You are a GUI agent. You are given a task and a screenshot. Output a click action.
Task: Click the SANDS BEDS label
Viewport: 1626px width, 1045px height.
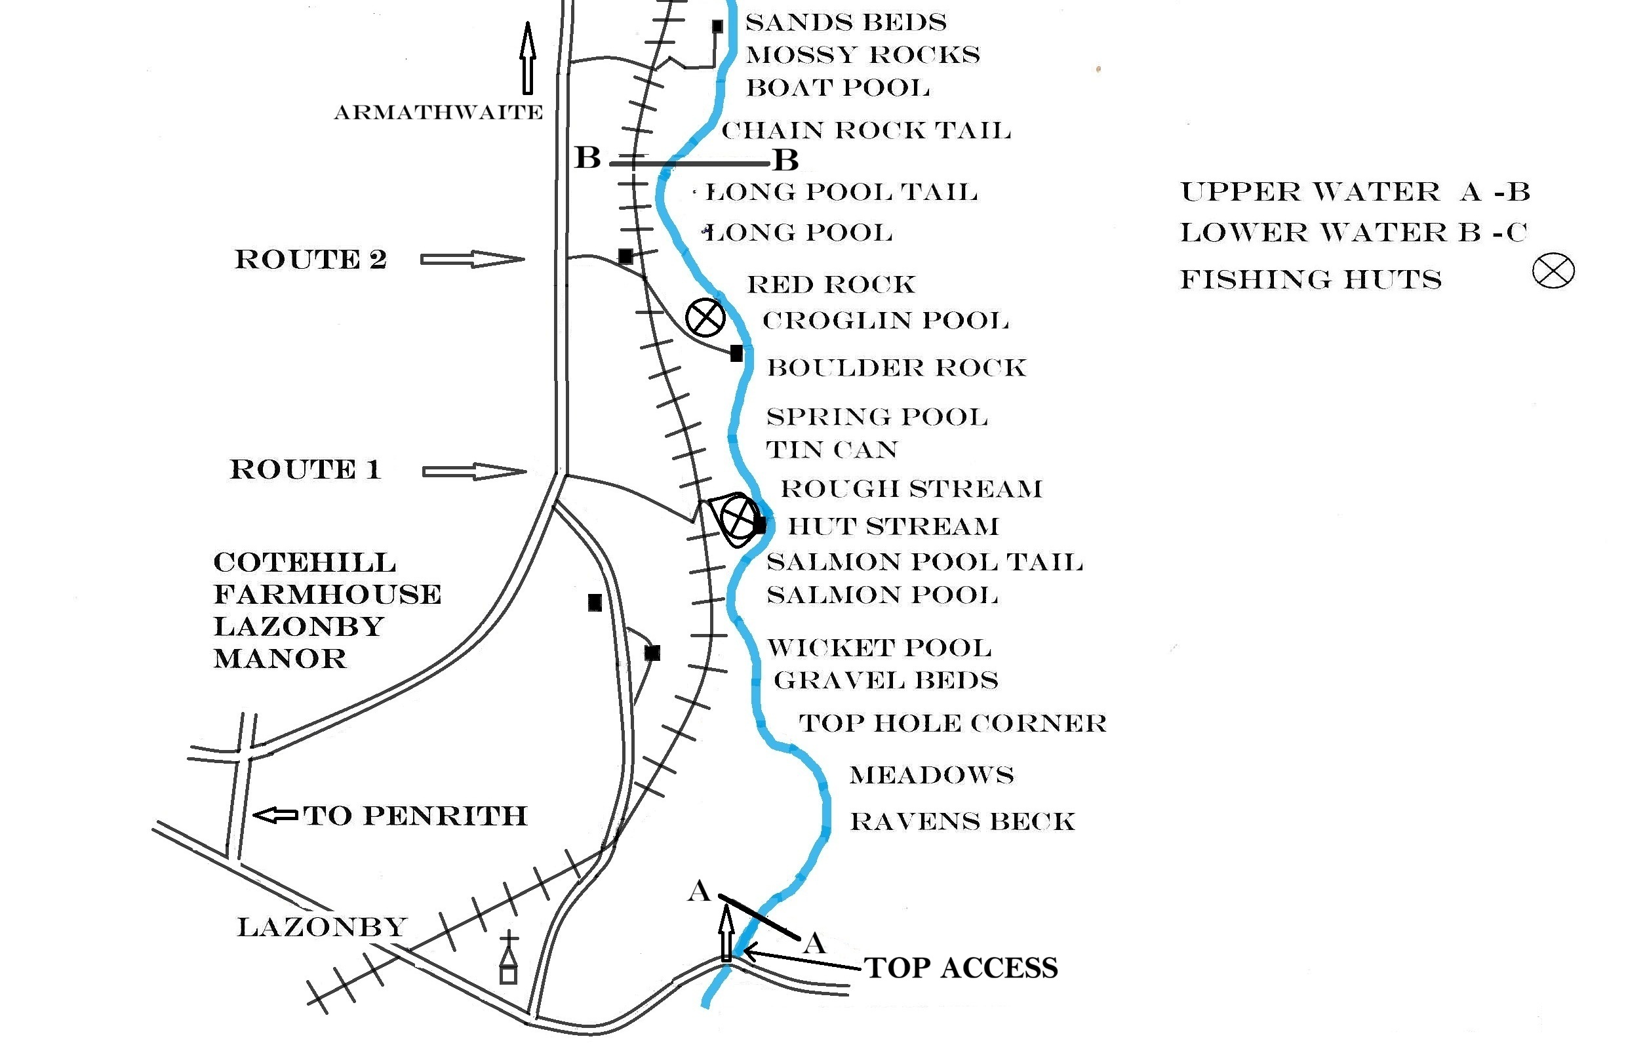pyautogui.click(x=846, y=22)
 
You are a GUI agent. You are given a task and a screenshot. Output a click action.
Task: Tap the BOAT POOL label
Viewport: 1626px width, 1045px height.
pyautogui.click(x=837, y=88)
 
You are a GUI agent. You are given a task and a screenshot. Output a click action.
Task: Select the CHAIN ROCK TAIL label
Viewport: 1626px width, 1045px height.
pyautogui.click(x=866, y=130)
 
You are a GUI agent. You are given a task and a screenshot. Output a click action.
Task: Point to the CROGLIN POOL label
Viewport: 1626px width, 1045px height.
pyautogui.click(x=886, y=321)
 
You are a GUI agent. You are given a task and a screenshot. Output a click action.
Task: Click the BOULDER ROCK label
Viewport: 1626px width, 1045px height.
pyautogui.click(x=896, y=368)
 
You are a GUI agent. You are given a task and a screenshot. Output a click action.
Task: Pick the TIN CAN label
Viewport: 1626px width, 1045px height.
pyautogui.click(x=832, y=450)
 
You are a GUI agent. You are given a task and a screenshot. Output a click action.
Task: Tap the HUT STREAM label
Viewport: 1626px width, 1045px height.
pyautogui.click(x=893, y=526)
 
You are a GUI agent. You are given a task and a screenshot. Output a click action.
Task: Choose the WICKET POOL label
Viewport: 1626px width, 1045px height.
pyautogui.click(x=879, y=648)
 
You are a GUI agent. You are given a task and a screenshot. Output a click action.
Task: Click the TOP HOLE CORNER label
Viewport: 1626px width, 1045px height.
pyautogui.click(x=953, y=723)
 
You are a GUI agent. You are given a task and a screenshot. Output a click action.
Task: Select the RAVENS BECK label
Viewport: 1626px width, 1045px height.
pyautogui.click(x=962, y=821)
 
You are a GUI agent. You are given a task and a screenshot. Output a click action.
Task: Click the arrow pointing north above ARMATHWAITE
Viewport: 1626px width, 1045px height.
pyautogui.click(x=528, y=58)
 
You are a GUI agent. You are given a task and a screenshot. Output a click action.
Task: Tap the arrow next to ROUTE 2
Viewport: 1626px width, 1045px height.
pyautogui.click(x=471, y=259)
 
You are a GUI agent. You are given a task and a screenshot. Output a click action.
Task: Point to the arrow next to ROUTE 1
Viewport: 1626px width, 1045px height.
pyautogui.click(x=473, y=471)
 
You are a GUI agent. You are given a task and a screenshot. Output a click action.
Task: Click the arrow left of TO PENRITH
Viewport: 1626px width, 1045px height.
pyautogui.click(x=275, y=815)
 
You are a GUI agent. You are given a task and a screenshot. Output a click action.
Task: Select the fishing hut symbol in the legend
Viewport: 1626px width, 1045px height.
pyautogui.click(x=1553, y=271)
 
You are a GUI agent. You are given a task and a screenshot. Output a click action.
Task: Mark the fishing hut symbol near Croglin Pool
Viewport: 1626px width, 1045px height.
pyautogui.click(x=705, y=317)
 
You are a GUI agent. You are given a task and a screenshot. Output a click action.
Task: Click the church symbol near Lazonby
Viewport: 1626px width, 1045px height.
pyautogui.click(x=508, y=959)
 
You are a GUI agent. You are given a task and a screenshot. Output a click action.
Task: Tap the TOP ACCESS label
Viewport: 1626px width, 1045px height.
pyautogui.click(x=961, y=968)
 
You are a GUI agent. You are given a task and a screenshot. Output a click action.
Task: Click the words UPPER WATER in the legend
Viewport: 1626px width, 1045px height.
pyautogui.click(x=1310, y=192)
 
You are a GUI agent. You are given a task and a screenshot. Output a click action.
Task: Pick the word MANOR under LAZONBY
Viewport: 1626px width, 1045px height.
pyautogui.click(x=279, y=659)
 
